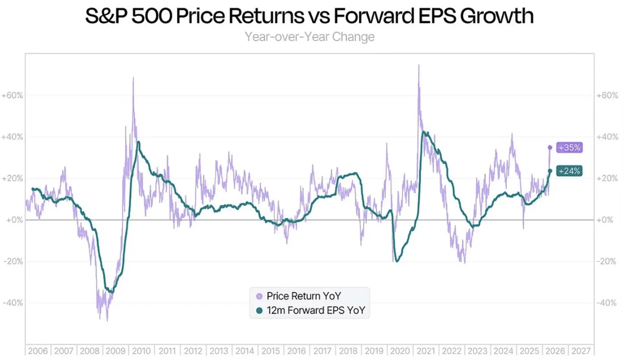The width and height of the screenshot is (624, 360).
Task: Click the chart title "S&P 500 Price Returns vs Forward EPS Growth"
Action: coord(309,17)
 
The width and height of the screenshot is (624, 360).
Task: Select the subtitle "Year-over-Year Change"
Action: coord(309,37)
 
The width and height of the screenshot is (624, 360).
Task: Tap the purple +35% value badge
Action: coord(569,147)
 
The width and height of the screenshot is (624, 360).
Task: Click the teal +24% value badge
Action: coord(569,171)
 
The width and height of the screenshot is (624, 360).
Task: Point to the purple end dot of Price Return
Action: coord(550,147)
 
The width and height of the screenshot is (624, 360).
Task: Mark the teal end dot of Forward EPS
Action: coord(550,171)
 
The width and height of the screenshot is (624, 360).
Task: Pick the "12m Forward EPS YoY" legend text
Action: coord(315,311)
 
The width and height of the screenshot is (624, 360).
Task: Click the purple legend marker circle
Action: coord(258,296)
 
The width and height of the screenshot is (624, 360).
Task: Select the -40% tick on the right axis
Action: coord(608,303)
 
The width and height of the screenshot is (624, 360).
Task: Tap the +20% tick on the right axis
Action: coord(608,179)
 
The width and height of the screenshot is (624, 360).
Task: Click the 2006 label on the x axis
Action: coord(38,351)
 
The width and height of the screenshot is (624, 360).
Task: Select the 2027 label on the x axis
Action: coord(582,351)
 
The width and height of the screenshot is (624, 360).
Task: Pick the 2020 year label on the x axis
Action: coord(400,351)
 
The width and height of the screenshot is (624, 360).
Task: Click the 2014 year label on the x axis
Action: coord(245,351)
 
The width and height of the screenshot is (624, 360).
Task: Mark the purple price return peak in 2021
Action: coord(419,65)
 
